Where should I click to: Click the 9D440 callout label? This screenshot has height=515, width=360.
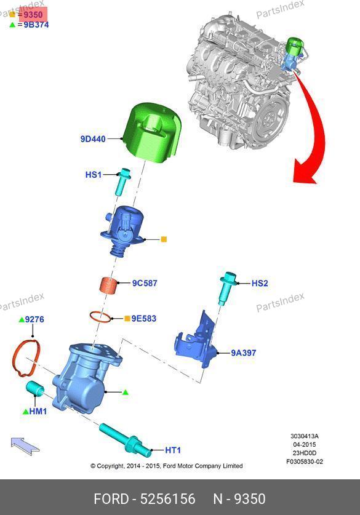pyautogui.click(x=93, y=139)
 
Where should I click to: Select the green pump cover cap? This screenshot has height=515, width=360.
pyautogui.click(x=152, y=133)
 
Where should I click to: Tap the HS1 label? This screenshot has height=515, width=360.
pyautogui.click(x=94, y=174)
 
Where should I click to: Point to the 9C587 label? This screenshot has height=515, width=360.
pyautogui.click(x=145, y=283)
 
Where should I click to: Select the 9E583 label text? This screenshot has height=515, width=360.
pyautogui.click(x=144, y=319)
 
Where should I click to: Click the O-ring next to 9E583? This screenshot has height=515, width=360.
pyautogui.click(x=100, y=317)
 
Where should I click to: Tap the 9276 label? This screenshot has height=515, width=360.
pyautogui.click(x=34, y=319)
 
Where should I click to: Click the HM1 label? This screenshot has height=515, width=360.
pyautogui.click(x=38, y=411)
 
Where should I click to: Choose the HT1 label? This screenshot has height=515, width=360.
pyautogui.click(x=173, y=450)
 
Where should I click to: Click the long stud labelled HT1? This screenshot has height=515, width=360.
pyautogui.click(x=125, y=440)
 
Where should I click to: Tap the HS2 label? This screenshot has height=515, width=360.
pyautogui.click(x=260, y=283)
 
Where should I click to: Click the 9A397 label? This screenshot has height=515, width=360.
pyautogui.click(x=244, y=353)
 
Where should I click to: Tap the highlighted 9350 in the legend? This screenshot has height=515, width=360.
pyautogui.click(x=33, y=15)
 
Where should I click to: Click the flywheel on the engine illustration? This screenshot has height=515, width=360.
pyautogui.click(x=271, y=116)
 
